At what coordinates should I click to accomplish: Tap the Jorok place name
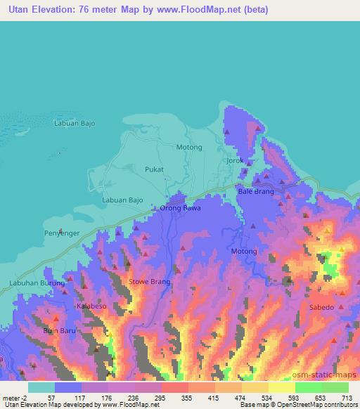[x=235, y=160]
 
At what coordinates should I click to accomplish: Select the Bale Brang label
[x=256, y=191]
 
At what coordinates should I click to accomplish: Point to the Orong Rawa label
[x=180, y=208]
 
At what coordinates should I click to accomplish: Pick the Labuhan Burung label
[x=37, y=283]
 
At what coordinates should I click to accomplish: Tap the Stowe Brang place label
[x=150, y=282]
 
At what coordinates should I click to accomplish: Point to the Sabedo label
[x=321, y=308]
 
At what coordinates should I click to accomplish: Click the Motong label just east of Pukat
[x=189, y=147]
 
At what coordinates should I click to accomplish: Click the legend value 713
[x=347, y=397]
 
